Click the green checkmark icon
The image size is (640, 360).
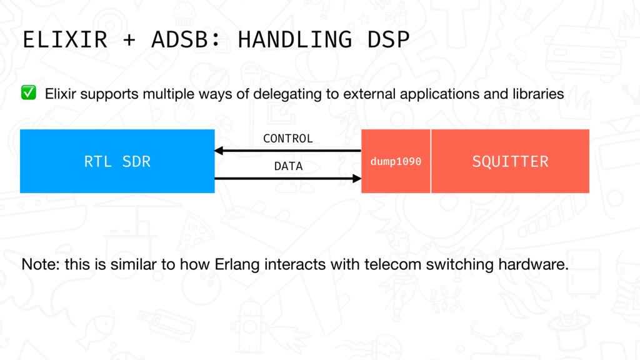pos(29,92)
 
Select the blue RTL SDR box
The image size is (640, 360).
pos(117,161)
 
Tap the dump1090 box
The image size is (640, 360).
pos(396,161)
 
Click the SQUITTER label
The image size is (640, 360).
pos(510,162)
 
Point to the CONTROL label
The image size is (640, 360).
pos(287,139)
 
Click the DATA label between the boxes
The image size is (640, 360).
pos(288,166)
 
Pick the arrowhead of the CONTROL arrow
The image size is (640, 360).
pos(219,151)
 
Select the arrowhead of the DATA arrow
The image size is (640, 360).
pos(357,178)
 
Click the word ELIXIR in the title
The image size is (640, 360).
pos(65,39)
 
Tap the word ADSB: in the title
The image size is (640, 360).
pos(186,39)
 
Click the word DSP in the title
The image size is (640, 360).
pos(388,39)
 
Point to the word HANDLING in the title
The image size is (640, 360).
pos(295,39)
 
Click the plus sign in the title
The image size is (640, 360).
pos(129,40)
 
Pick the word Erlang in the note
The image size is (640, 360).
pos(237,265)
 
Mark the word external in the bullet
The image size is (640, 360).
pos(369,94)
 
